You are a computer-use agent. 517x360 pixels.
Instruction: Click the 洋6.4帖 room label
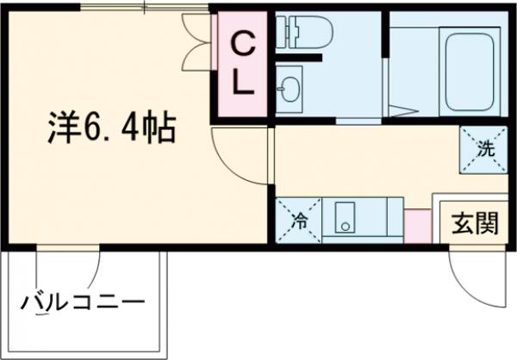pos(111,130)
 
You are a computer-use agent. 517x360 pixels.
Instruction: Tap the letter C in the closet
pos(245,46)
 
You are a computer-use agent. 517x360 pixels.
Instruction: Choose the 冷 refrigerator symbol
pos(299,220)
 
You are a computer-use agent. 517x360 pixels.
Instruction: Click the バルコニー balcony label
pos(82,303)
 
